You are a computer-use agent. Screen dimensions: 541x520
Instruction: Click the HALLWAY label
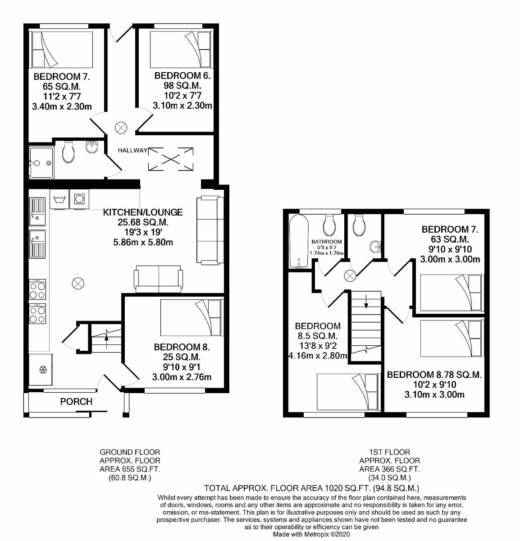[x=133, y=150]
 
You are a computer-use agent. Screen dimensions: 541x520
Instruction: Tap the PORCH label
[x=76, y=401]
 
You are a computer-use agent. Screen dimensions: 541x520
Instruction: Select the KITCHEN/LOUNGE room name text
[x=143, y=212]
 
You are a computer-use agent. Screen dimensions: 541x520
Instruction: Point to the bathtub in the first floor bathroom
[x=298, y=241]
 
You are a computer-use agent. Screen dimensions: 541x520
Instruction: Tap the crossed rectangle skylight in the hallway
[x=170, y=159]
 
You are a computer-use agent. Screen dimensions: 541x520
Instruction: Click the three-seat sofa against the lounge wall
[x=209, y=230]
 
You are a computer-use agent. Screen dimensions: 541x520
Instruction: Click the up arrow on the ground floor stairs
[x=106, y=335]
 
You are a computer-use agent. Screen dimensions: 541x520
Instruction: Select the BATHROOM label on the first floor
[x=327, y=242]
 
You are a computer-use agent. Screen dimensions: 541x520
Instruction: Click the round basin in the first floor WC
[x=376, y=247]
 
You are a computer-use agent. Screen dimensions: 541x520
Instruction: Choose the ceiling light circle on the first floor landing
[x=350, y=276]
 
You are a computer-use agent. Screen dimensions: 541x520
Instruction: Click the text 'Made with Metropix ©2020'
[x=311, y=534]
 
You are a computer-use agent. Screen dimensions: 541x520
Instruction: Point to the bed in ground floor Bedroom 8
[x=191, y=318]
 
